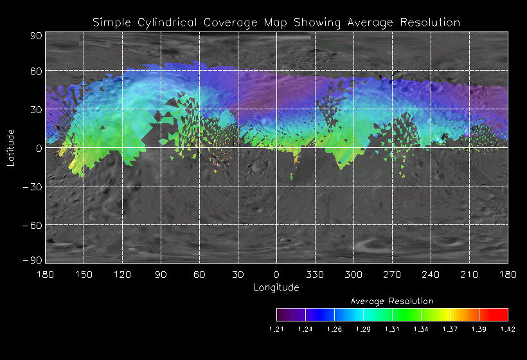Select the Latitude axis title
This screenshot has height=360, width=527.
11,147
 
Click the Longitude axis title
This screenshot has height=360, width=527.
276,287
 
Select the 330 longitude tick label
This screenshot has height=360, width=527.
315,274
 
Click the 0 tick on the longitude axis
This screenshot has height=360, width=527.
276,274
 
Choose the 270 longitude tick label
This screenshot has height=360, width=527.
392,274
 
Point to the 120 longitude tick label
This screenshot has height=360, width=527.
122,274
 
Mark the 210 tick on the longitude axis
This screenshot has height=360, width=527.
469,274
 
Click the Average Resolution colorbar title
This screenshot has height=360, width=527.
392,301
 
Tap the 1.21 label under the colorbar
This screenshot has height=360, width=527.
276,329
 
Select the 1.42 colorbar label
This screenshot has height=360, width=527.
508,329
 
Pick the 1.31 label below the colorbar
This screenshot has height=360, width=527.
392,329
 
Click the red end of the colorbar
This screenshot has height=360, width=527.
501,314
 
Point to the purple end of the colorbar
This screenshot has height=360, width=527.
283,314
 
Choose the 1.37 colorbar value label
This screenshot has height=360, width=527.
450,329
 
